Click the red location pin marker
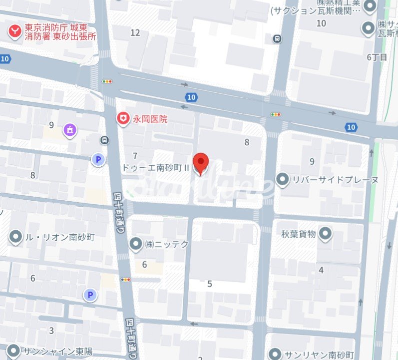200,163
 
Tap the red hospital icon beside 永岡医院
122,118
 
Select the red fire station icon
15,31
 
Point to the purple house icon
70,130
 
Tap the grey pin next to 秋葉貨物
326,233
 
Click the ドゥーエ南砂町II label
156,168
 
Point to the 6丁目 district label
377,57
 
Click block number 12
135,33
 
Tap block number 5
210,284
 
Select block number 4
321,270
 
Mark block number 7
135,156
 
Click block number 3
51,330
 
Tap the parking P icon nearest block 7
98,159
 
